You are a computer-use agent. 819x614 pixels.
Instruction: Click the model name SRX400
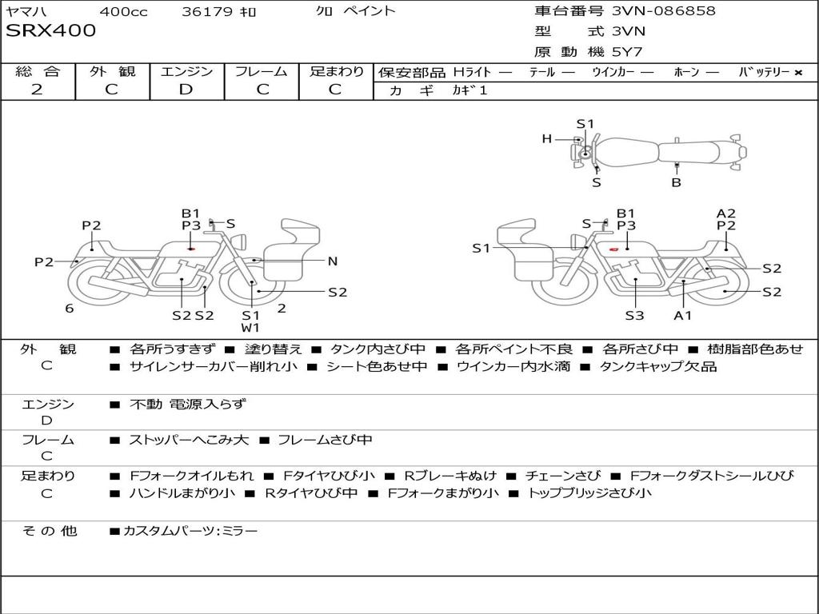pyautogui.click(x=51, y=31)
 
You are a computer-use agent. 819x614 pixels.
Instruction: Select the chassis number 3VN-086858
pyautogui.click(x=663, y=11)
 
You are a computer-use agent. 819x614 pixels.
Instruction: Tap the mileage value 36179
pyautogui.click(x=207, y=11)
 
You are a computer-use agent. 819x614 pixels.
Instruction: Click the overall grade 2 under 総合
pyautogui.click(x=37, y=90)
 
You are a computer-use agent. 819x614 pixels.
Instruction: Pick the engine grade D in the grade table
pyautogui.click(x=186, y=90)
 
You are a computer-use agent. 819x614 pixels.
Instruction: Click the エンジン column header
pyautogui.click(x=186, y=71)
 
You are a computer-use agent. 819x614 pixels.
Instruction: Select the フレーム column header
pyautogui.click(x=261, y=71)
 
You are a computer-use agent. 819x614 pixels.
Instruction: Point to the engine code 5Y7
pyautogui.click(x=627, y=52)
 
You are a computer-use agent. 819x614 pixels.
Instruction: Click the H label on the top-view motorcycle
pyautogui.click(x=547, y=139)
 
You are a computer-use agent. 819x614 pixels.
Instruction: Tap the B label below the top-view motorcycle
pyautogui.click(x=676, y=182)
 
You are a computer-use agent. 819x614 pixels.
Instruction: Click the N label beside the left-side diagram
pyautogui.click(x=333, y=261)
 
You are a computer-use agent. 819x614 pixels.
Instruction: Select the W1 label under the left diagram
pyautogui.click(x=251, y=327)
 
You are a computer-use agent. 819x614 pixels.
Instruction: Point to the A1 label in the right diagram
pyautogui.click(x=682, y=315)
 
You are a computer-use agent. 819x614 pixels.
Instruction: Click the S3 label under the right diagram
pyautogui.click(x=634, y=315)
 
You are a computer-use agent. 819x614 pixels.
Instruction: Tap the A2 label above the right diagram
pyautogui.click(x=725, y=213)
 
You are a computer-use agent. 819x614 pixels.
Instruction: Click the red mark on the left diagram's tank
pyautogui.click(x=191, y=249)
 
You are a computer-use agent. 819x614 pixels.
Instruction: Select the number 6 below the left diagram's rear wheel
pyautogui.click(x=70, y=308)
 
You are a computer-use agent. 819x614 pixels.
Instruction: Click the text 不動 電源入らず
pyautogui.click(x=188, y=405)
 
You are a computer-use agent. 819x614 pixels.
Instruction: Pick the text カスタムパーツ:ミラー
pyautogui.click(x=190, y=530)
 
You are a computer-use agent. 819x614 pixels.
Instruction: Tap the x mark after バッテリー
pyautogui.click(x=798, y=72)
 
